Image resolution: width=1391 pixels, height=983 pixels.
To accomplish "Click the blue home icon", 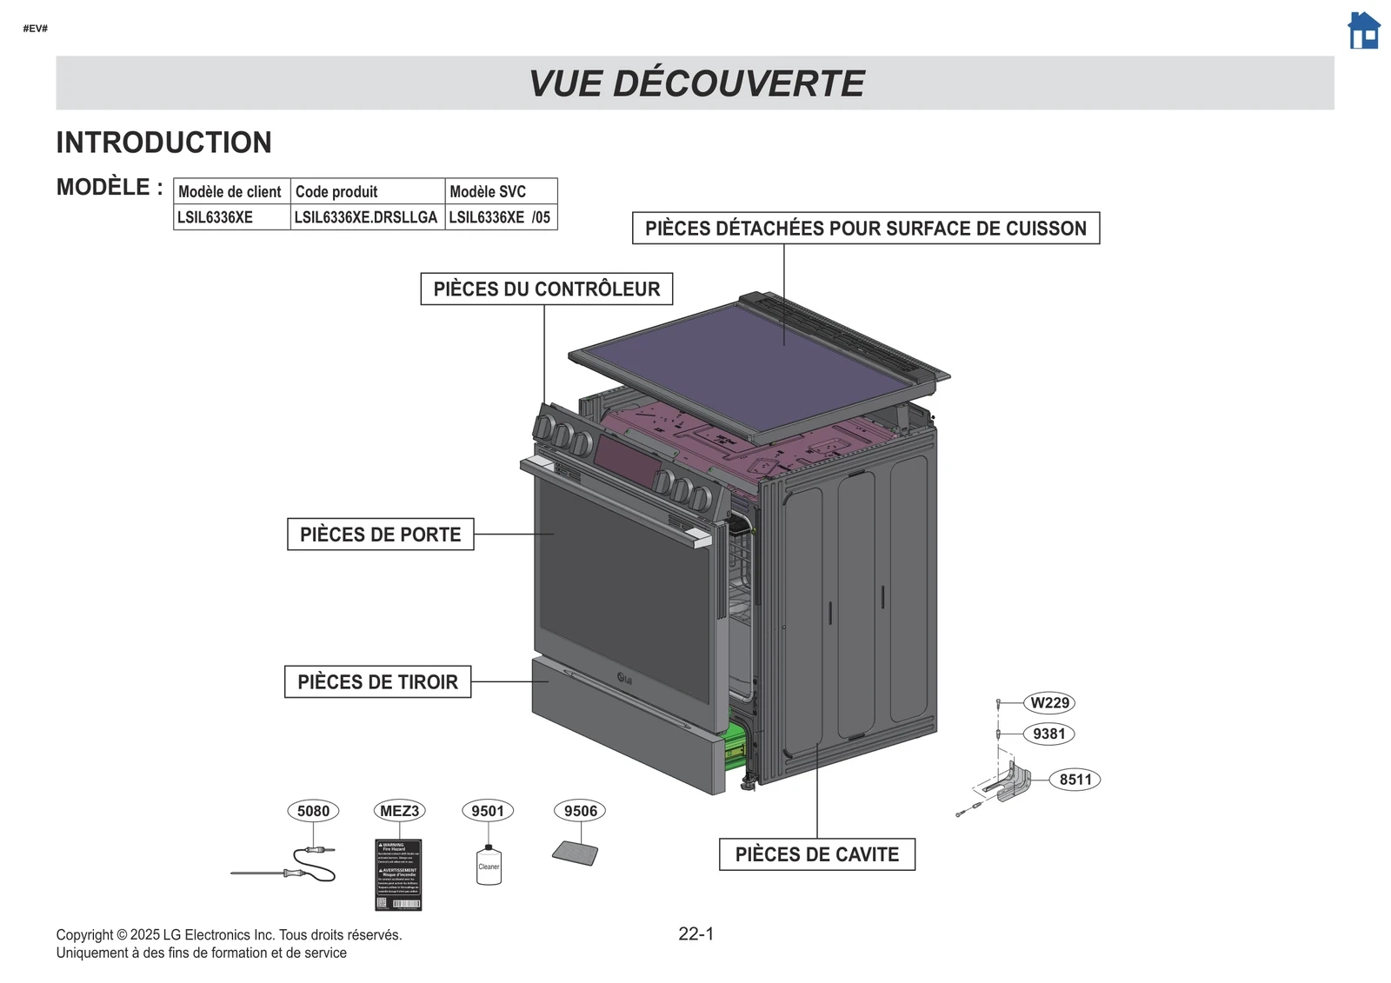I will coord(1363,31).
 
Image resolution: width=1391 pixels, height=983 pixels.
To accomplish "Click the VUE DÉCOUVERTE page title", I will coord(695,83).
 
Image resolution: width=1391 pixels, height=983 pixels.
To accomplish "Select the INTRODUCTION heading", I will coord(163,143).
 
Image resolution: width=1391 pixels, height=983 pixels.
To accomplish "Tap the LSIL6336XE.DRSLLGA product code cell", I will coord(366,217).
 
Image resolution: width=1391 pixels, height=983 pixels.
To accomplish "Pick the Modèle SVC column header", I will coord(500,191).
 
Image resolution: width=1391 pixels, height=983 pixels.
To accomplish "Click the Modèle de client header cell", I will coord(230,191).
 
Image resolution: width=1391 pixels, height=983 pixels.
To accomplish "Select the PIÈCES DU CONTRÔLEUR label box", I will coord(547,289).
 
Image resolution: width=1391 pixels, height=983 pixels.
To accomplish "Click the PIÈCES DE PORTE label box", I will coord(381,535).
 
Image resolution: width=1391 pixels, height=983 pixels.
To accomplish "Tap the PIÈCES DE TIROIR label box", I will coord(377,682).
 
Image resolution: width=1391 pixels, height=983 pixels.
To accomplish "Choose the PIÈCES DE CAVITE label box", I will coord(817,854).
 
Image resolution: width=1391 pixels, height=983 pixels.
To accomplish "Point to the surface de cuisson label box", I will coord(866,229).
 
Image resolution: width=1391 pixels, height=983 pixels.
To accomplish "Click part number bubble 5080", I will coord(313,811).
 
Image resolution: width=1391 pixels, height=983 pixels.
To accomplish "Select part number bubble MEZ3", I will coord(399,811).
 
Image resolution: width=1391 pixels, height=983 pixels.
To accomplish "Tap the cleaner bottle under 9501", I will coord(489,865).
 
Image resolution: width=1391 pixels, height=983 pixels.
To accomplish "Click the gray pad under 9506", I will coord(576,853).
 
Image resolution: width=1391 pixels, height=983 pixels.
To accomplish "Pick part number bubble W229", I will coord(1050,702).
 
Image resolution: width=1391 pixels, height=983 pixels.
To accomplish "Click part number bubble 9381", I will coord(1049,734).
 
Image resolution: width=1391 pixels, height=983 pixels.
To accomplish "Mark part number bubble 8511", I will coord(1075,780).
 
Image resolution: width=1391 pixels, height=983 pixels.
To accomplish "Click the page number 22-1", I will coord(695,934).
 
